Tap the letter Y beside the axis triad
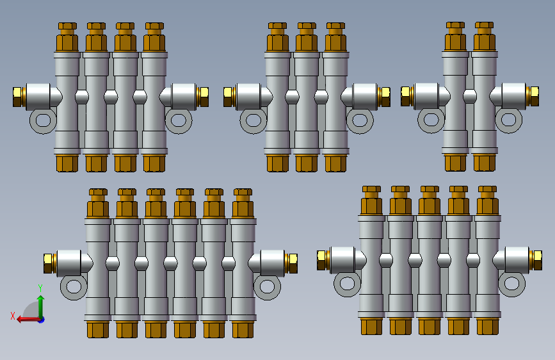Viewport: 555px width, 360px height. [40, 288]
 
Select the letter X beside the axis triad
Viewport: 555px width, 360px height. [12, 315]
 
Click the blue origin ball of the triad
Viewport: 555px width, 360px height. [41, 319]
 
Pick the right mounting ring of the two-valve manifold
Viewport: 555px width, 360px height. [509, 120]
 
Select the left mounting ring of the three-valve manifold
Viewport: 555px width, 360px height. [253, 120]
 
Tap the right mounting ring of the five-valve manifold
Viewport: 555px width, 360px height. [511, 283]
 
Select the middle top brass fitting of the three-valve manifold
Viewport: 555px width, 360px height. [307, 38]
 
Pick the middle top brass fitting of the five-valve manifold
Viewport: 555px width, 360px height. [429, 200]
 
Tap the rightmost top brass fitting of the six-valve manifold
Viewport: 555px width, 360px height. [243, 204]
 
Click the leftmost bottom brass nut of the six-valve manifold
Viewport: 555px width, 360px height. [98, 329]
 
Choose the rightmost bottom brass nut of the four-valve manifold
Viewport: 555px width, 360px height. [154, 163]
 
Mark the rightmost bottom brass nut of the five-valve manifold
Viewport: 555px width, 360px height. [487, 326]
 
